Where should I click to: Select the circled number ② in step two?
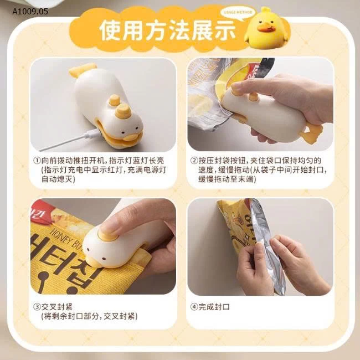coord(194,160)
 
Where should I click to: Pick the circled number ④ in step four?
coord(194,306)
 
